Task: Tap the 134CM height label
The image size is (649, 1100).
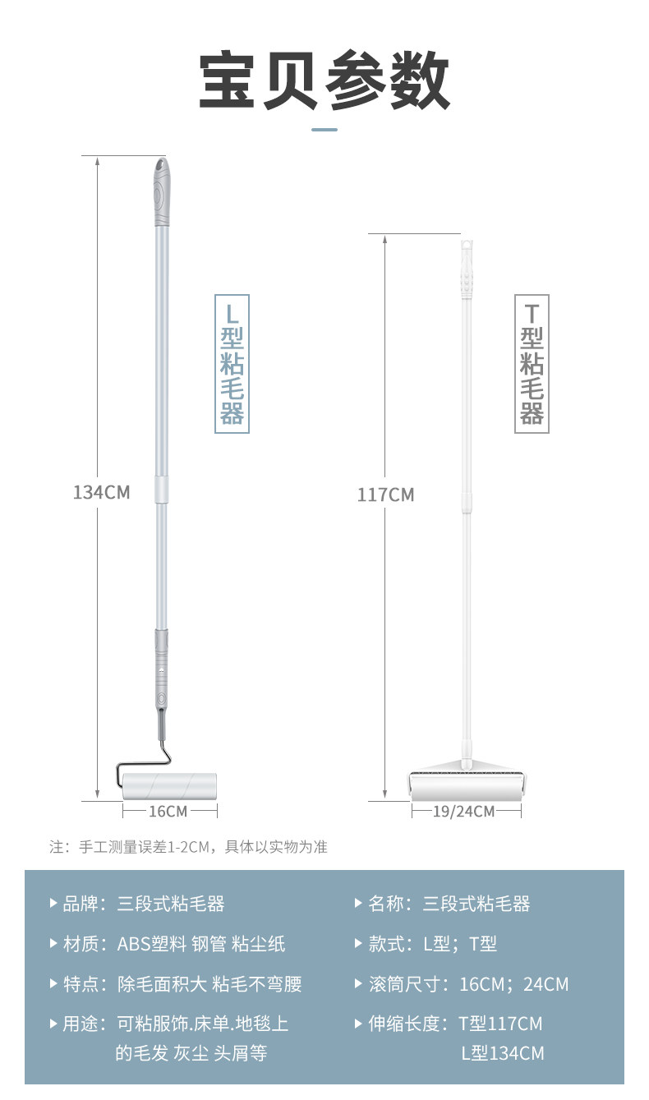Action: coord(101,492)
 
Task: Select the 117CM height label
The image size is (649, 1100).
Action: coord(385,495)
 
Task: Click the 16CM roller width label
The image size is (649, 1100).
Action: coord(168,811)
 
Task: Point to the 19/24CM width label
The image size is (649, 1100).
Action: coord(464,812)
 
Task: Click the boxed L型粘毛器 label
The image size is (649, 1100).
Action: coord(232,363)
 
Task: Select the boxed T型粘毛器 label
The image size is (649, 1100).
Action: coord(532,363)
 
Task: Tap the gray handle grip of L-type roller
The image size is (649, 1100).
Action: coord(161,194)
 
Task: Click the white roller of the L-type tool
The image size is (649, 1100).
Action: coord(169,786)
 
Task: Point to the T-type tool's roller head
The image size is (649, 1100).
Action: coord(467,784)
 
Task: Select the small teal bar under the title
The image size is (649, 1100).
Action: coord(324,130)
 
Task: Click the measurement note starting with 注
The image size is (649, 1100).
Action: coord(189,846)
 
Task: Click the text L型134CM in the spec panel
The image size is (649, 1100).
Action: coord(502,1053)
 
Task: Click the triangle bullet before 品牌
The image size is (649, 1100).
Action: coord(54,904)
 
